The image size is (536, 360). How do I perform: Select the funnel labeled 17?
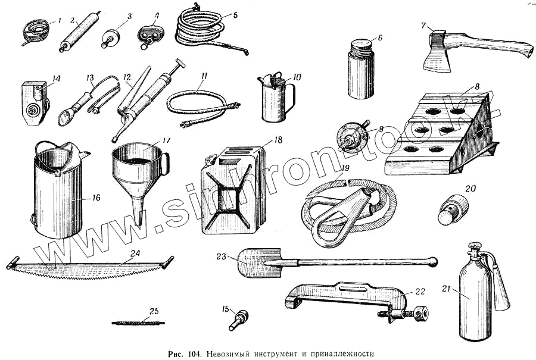point(136,173)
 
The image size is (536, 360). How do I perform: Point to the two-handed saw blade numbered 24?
point(89,269)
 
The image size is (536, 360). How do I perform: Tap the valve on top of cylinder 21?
point(475,249)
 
